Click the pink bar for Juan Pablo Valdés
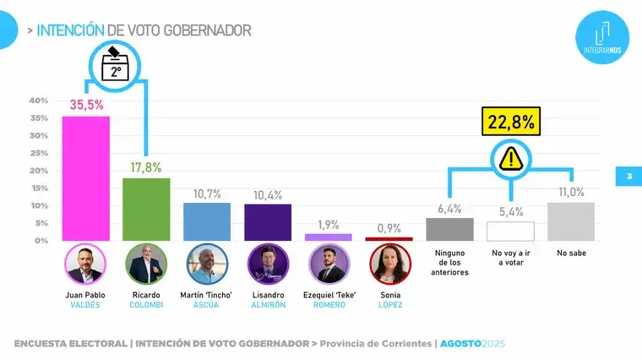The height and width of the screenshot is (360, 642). coord(86,178)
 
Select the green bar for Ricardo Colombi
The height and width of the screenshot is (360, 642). coord(146,210)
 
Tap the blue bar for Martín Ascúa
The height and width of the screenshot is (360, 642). coord(207,221)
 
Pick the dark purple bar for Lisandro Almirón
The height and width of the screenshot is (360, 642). coord(268,222)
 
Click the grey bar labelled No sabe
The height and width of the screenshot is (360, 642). coord(571,221)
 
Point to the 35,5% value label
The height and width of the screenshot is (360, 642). coord(86,105)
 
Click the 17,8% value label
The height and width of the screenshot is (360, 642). coord(146,166)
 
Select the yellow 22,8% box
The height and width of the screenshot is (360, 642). coord(509,123)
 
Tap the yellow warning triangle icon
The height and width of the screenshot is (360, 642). coord(509,157)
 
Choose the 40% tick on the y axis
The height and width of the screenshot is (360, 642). coord(39,101)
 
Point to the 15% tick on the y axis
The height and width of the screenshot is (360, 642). coord(39,188)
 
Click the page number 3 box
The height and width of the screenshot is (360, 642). coord(628,177)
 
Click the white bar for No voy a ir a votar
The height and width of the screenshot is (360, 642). coord(510,231)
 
